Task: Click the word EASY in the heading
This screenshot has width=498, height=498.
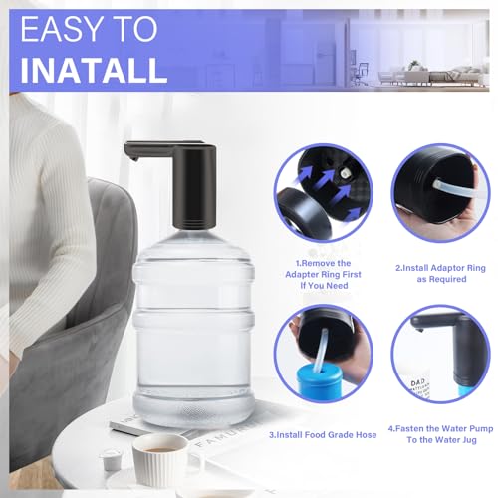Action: tap(89, 30)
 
